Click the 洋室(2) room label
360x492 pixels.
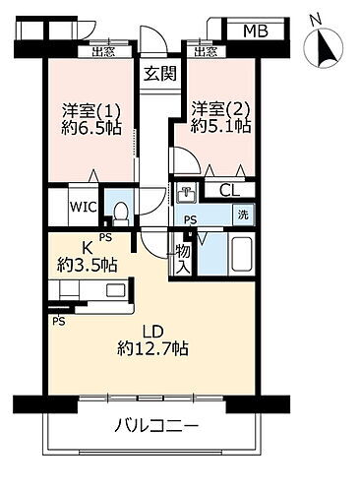pyautogui.click(x=217, y=109)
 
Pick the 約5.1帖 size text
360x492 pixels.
pyautogui.click(x=218, y=128)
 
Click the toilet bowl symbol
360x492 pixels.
pyautogui.click(x=119, y=210)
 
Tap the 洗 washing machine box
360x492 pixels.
pyautogui.click(x=240, y=215)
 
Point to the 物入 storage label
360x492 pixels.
pyautogui.click(x=183, y=257)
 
